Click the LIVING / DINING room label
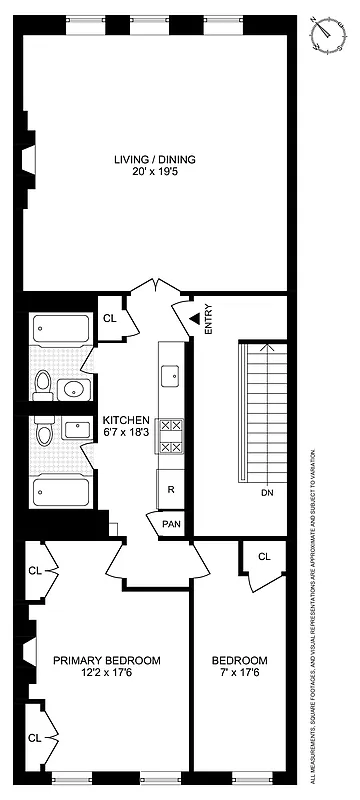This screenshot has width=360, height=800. point(155,159)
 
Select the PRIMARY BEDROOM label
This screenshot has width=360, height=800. point(107,660)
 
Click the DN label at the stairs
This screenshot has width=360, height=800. point(266,493)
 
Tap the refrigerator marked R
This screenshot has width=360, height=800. point(171,489)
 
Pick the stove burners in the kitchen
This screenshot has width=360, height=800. point(171,436)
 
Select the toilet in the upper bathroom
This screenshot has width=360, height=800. point(41,381)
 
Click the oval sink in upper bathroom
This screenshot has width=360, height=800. point(73,388)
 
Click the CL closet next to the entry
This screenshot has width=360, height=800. point(110,319)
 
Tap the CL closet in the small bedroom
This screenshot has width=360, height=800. point(264,557)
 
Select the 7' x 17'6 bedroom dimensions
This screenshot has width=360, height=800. point(240,674)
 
